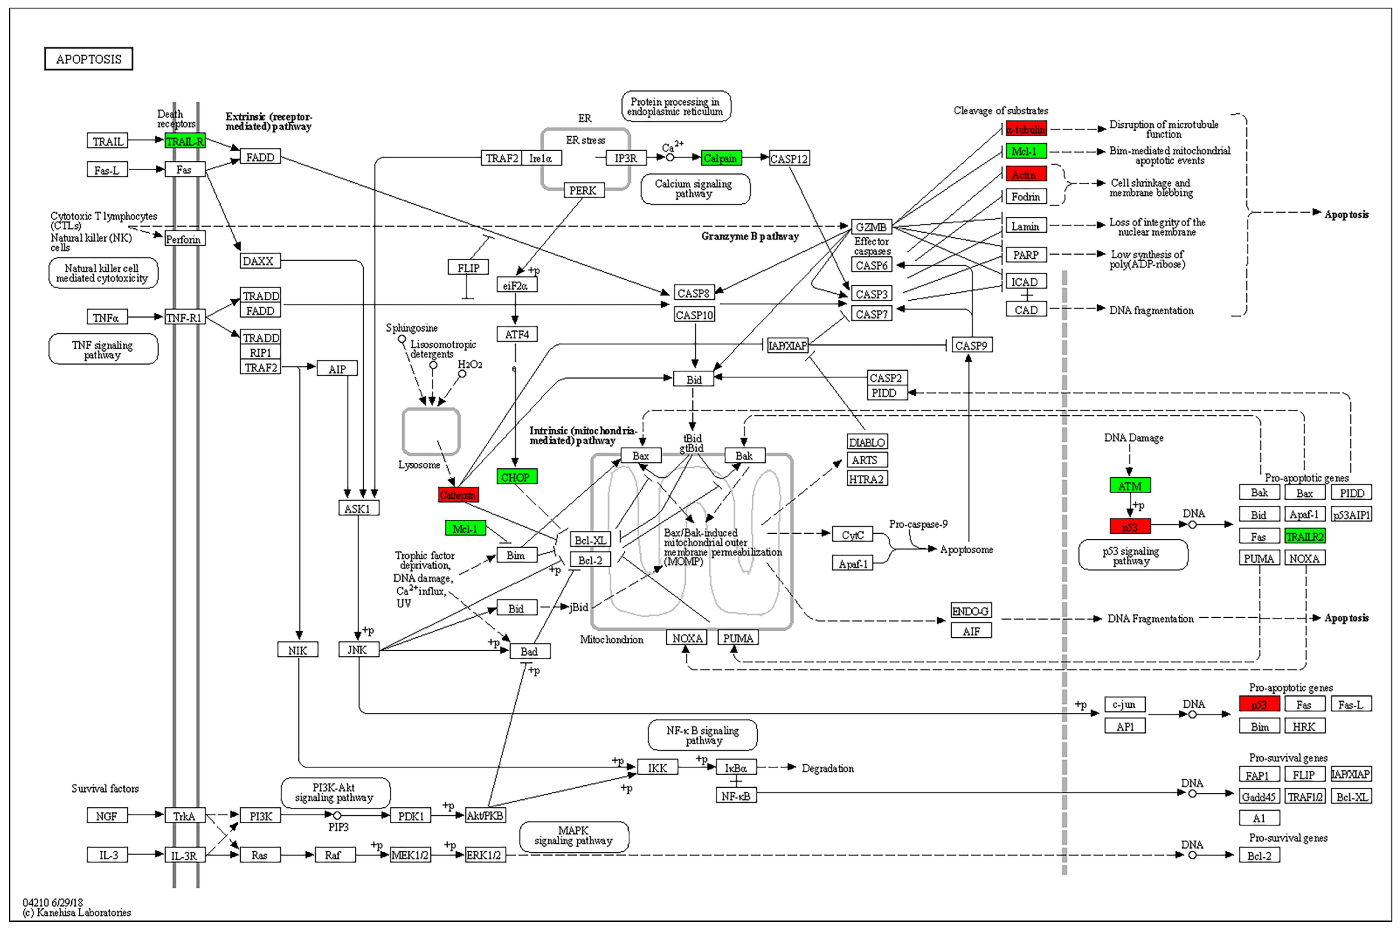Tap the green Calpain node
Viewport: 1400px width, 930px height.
(x=721, y=158)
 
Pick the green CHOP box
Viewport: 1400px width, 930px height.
(x=516, y=477)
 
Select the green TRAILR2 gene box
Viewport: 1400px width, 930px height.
(x=1305, y=536)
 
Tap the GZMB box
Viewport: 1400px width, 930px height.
(x=871, y=227)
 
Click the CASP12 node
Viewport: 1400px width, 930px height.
(x=789, y=158)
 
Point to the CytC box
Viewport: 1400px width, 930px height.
(x=852, y=534)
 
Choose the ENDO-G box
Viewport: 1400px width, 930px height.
(x=971, y=610)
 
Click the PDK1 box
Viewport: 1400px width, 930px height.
(x=410, y=816)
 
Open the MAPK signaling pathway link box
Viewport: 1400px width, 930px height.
(x=574, y=836)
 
